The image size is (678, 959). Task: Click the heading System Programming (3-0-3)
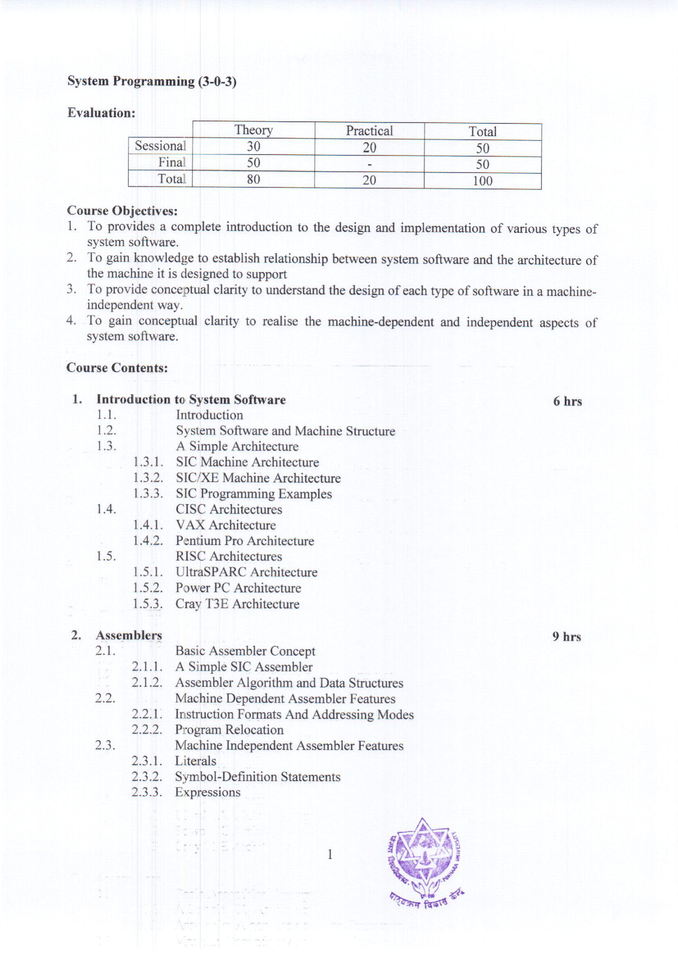click(152, 81)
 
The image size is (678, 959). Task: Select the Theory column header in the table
click(253, 130)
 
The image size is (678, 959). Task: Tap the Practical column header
click(369, 131)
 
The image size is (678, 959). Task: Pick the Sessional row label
click(160, 146)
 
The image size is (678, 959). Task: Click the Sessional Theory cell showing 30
click(253, 146)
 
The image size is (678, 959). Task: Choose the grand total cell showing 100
click(482, 181)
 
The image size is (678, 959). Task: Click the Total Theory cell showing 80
click(253, 179)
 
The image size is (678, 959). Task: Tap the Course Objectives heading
click(122, 211)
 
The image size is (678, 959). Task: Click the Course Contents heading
click(117, 368)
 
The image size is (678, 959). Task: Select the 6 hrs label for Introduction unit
click(567, 401)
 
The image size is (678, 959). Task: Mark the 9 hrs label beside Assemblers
click(566, 637)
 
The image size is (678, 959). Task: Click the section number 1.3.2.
click(148, 478)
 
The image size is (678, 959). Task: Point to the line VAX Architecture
click(226, 525)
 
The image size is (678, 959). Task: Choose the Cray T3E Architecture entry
click(237, 604)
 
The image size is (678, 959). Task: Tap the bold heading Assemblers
click(129, 635)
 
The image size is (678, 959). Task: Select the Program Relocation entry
click(229, 730)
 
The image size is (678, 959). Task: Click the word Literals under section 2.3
click(196, 761)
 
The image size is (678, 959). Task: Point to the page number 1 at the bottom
click(330, 854)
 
